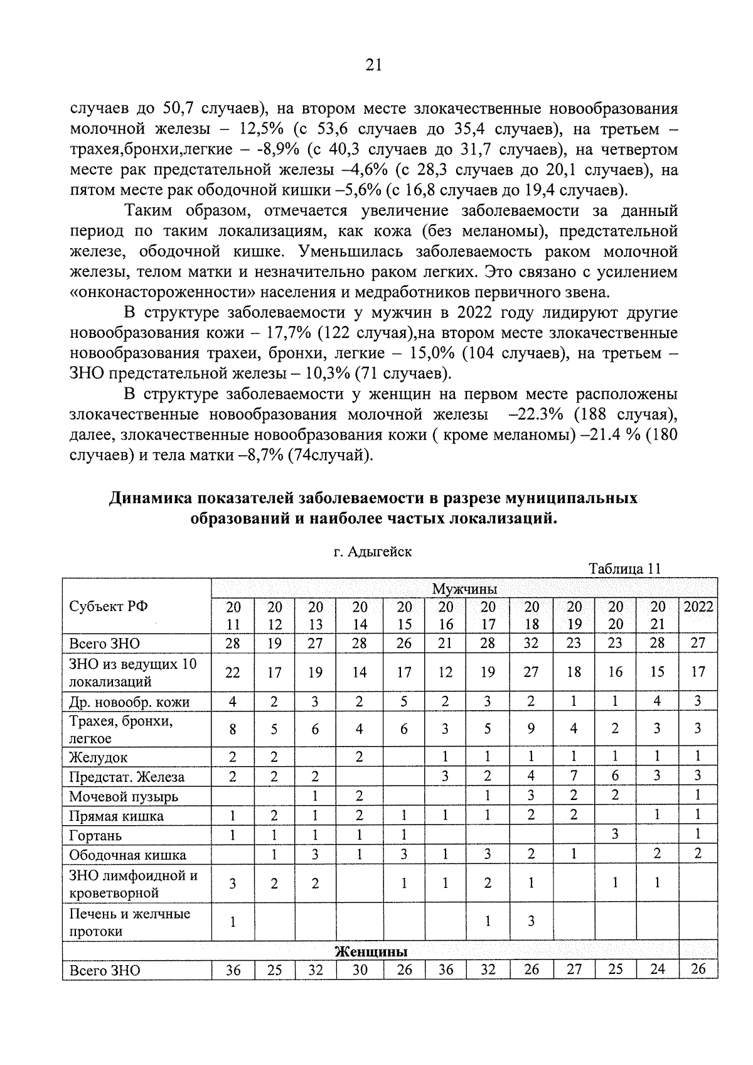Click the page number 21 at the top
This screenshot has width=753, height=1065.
[373, 65]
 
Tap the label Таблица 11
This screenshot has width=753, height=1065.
[624, 569]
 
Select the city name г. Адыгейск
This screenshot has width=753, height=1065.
[373, 552]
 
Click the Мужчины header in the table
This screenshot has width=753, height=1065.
[464, 589]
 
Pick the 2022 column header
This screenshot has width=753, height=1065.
[698, 607]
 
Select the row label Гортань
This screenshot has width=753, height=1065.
[95, 836]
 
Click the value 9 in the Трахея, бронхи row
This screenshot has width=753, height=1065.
[531, 728]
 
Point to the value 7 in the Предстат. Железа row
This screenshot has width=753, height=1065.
[574, 776]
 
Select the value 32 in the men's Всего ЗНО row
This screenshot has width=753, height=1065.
[531, 642]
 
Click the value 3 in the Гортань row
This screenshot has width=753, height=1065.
[615, 835]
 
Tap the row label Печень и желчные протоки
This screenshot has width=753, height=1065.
[129, 922]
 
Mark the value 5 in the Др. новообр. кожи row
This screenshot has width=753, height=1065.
[404, 701]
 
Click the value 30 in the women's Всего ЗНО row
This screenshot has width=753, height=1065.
[359, 970]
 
